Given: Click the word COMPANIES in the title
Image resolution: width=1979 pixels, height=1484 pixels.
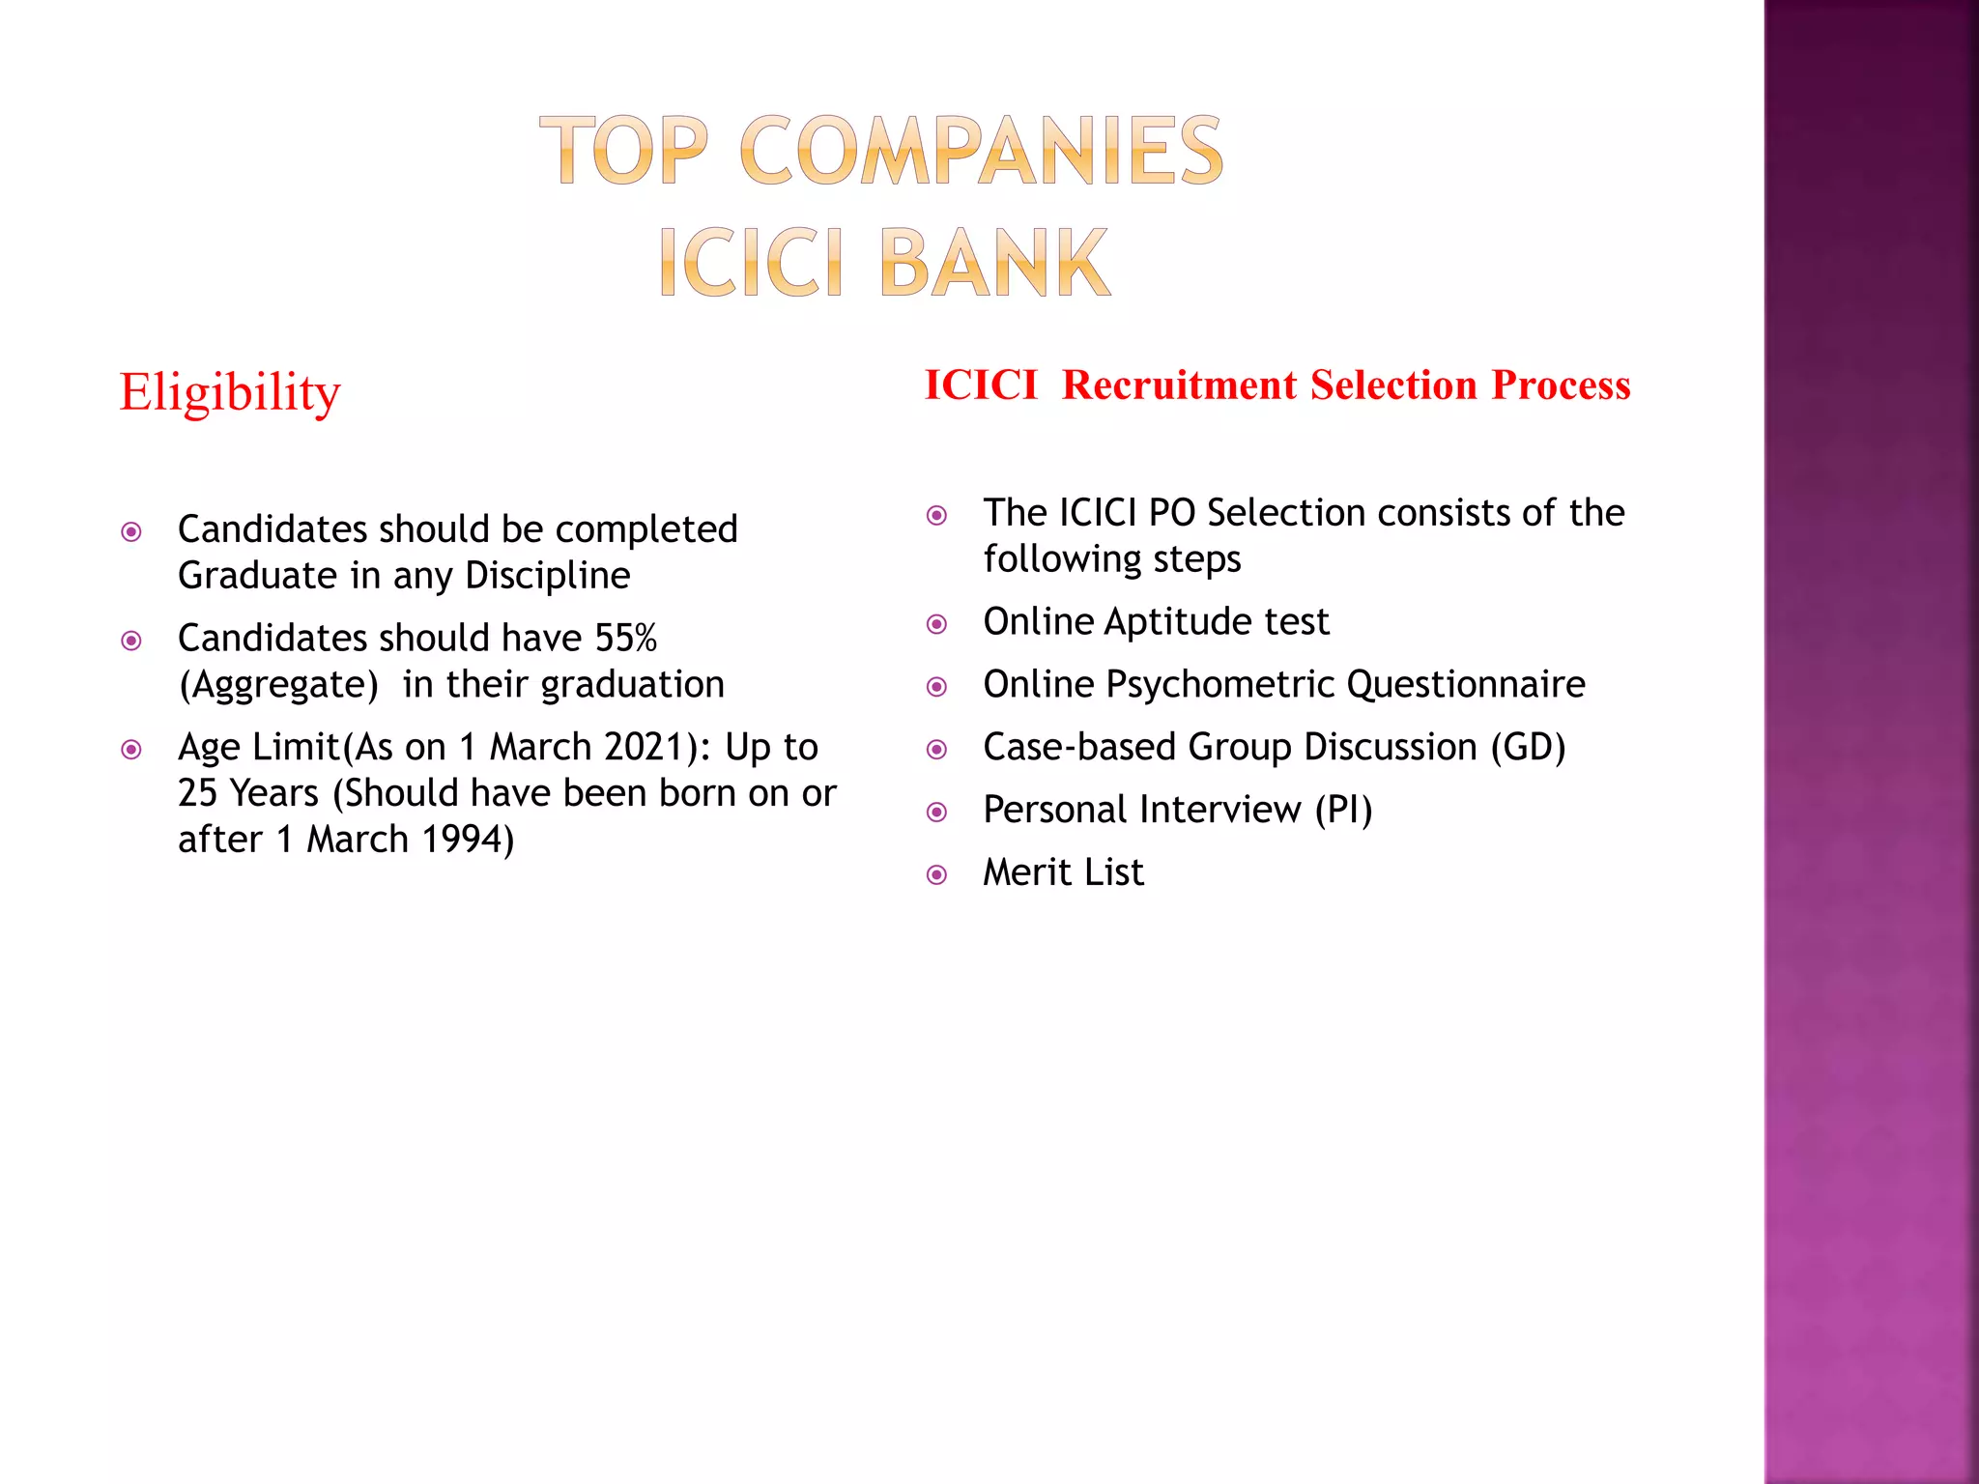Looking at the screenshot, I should point(981,150).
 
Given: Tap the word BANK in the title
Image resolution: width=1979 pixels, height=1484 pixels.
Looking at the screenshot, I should point(994,263).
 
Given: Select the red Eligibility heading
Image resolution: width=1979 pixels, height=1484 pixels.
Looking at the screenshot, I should point(230,392).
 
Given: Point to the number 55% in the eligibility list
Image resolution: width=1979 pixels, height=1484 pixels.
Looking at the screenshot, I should point(626,639).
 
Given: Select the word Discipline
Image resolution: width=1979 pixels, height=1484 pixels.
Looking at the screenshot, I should point(548,576).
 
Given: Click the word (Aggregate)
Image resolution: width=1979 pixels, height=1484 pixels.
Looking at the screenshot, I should point(278,685).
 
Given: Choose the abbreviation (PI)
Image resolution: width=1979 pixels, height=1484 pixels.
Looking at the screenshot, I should point(1343,811).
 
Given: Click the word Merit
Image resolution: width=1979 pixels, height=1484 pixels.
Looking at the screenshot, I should point(1027,872).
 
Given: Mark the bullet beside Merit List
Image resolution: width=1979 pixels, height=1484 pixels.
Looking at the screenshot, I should point(936,875).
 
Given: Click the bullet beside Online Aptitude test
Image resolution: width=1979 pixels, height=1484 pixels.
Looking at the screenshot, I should point(936,624).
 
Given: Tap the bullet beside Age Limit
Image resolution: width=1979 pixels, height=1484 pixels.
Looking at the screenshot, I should point(131,750).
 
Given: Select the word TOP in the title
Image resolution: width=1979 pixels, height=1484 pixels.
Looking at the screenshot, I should point(624,150).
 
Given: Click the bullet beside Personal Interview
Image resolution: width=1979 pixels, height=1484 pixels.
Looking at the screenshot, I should point(936,813).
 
